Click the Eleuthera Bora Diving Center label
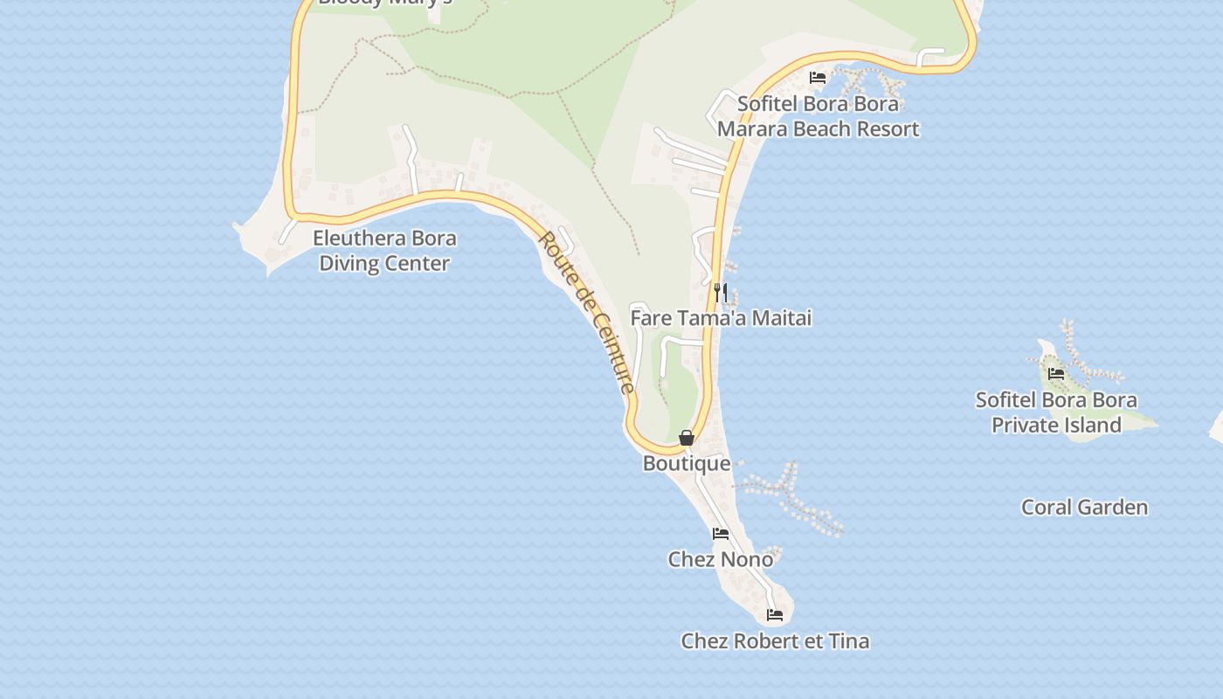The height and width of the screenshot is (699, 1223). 384,251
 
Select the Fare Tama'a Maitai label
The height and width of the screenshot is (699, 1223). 721,318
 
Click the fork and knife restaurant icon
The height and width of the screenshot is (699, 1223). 721,292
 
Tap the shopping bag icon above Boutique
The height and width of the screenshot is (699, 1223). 687,438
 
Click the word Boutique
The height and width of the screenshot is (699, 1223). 687,463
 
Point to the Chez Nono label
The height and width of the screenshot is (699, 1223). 721,559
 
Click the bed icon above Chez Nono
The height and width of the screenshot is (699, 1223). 721,534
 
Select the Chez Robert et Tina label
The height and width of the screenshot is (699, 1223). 775,641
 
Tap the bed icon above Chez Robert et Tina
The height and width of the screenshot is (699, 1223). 775,615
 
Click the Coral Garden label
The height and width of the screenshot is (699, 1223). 1084,508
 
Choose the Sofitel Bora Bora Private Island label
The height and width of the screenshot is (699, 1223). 1056,412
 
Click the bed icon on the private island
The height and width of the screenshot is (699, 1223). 1056,374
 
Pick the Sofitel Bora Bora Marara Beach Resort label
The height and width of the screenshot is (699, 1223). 818,116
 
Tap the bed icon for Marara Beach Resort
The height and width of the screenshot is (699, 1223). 818,78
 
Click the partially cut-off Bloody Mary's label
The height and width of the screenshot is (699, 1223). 384,3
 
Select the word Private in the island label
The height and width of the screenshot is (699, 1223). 1030,426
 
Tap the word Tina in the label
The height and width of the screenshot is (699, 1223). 848,641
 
